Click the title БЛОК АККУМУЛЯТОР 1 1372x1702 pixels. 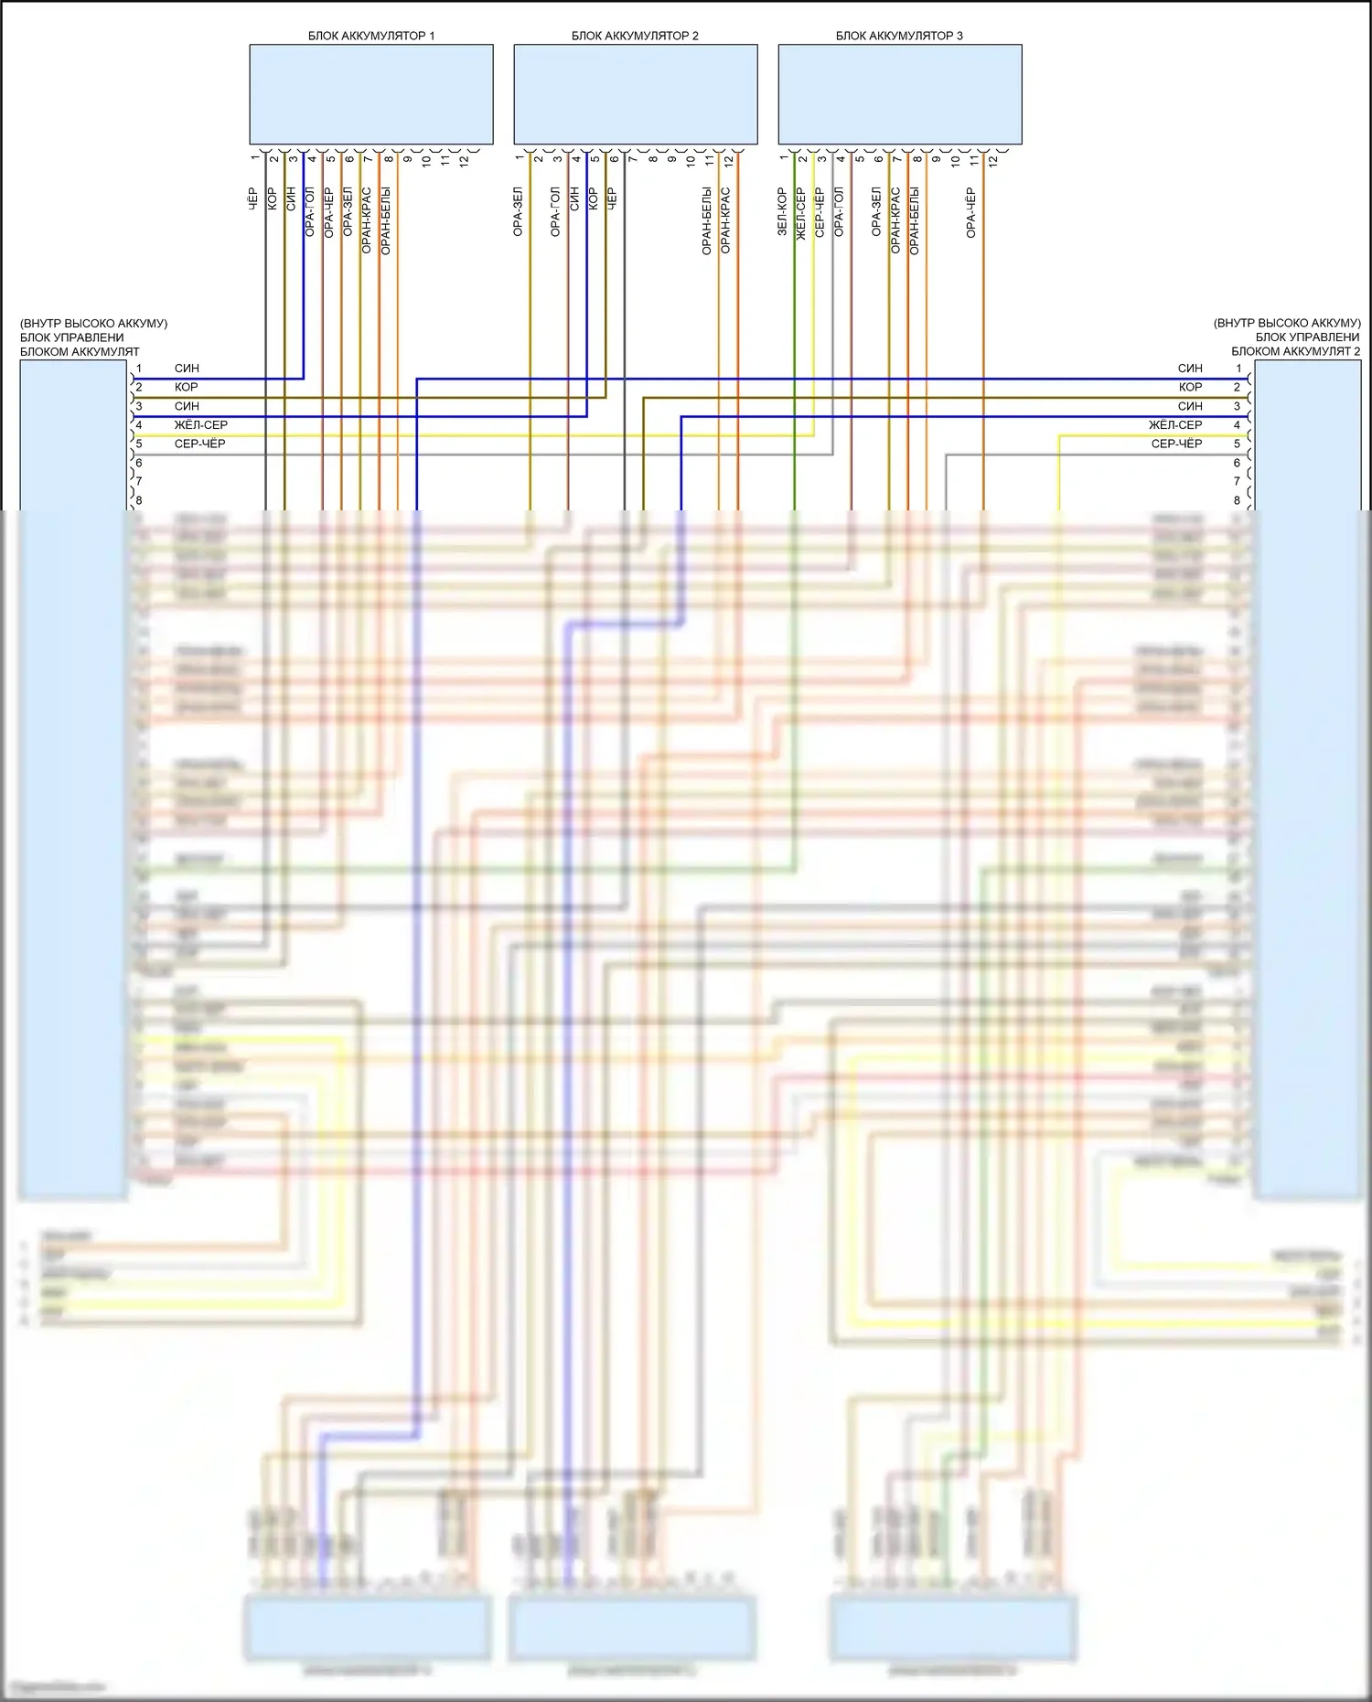[x=370, y=36]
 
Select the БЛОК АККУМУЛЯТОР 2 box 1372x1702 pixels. [x=635, y=94]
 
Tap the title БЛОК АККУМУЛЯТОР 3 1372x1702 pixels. [x=898, y=36]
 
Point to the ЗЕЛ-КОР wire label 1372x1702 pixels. [x=782, y=212]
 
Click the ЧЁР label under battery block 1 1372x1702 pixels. [x=253, y=199]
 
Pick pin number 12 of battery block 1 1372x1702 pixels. [x=464, y=160]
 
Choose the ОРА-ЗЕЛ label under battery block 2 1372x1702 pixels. [x=518, y=212]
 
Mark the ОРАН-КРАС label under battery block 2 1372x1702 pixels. [x=725, y=220]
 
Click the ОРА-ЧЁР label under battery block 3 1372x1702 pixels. [x=970, y=213]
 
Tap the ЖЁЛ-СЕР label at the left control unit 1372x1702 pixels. [x=200, y=424]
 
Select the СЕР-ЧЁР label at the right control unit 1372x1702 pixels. [x=1176, y=444]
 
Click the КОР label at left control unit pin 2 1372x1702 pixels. [x=186, y=387]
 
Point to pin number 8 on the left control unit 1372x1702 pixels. [x=139, y=500]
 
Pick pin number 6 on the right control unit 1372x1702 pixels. [x=1237, y=463]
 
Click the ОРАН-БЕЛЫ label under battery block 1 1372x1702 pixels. [x=385, y=220]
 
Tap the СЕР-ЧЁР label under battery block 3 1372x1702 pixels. [x=820, y=213]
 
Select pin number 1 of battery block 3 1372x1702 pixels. [x=784, y=158]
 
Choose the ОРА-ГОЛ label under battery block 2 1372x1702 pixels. [x=555, y=212]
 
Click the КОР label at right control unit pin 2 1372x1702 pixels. [x=1190, y=387]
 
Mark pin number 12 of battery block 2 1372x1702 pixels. [x=728, y=160]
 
